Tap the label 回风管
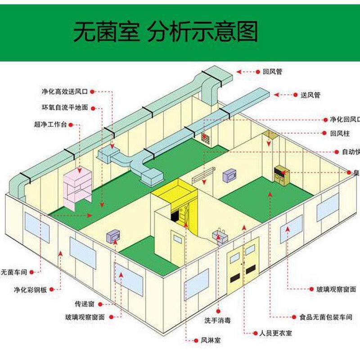273,72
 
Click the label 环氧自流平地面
65,108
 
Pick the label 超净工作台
50,124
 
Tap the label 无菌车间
14,272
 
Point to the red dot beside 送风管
277,95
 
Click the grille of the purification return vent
206,137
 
